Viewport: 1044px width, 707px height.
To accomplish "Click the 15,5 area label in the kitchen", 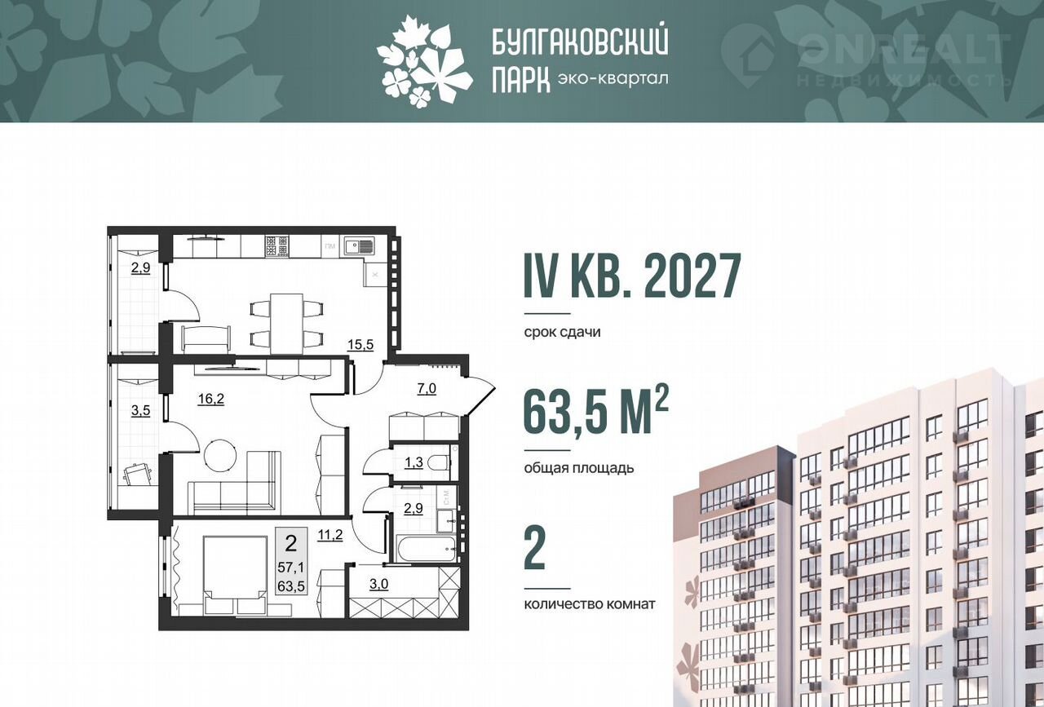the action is [361, 345].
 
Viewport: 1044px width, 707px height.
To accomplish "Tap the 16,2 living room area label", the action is [210, 399].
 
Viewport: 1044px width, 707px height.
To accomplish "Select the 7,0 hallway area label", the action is [426, 389].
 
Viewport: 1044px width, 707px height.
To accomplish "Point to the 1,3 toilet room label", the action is [414, 462].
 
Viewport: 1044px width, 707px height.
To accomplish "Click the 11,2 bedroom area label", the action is [330, 535].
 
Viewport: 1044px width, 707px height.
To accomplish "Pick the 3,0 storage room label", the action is [379, 585].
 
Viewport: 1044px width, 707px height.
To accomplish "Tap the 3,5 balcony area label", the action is [140, 412].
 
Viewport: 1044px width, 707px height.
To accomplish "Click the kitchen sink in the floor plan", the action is [359, 246].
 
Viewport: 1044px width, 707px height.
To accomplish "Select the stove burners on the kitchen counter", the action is [276, 246].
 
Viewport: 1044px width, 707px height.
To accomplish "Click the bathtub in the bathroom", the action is [427, 550].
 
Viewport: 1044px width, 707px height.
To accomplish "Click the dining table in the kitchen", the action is [287, 325].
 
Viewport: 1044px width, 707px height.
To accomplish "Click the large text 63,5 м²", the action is [596, 412].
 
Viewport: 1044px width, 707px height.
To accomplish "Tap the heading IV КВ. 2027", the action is [632, 276].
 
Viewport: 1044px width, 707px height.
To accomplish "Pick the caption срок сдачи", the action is [563, 333].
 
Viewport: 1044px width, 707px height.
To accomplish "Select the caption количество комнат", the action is [590, 604].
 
